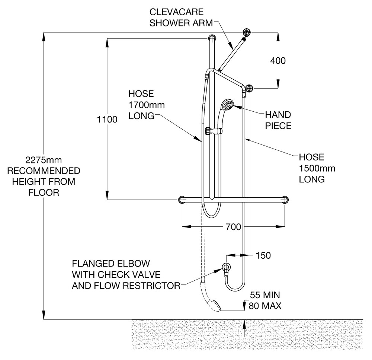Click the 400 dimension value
(278, 60)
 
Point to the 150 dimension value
(263, 255)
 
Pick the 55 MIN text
(265, 296)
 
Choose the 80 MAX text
(265, 306)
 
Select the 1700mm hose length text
(147, 105)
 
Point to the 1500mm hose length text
(317, 168)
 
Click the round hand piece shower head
(227, 105)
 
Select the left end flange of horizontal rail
(182, 200)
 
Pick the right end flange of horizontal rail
(285, 200)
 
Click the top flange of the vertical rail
(212, 38)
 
